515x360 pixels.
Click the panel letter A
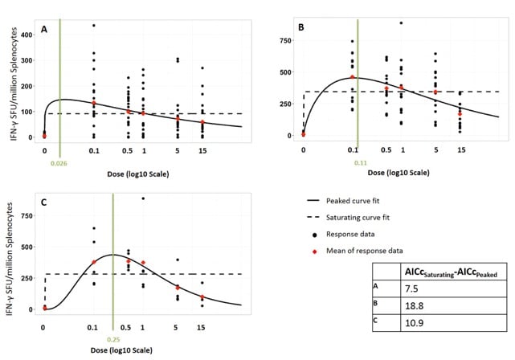point(45,30)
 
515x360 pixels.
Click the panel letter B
point(302,27)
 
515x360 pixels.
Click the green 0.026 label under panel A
point(59,164)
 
